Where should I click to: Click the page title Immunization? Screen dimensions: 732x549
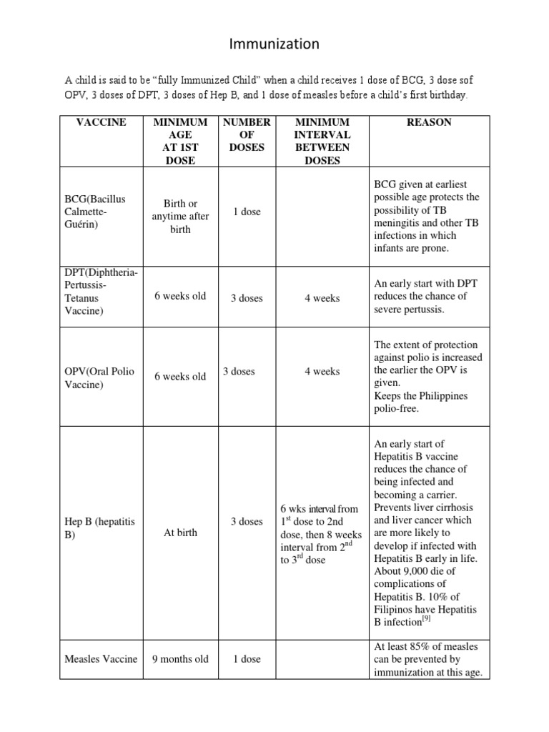[274, 44]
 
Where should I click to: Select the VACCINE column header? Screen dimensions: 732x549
[101, 122]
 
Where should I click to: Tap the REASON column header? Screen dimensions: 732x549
[429, 122]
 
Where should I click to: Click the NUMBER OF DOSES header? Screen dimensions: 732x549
[247, 134]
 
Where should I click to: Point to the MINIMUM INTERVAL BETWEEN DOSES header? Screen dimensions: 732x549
[322, 141]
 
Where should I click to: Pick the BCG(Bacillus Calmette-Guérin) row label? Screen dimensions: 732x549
[94, 211]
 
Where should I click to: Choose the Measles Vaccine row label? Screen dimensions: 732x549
[101, 658]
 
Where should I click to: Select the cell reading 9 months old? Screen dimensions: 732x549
[180, 658]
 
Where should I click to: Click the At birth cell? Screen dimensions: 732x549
[180, 533]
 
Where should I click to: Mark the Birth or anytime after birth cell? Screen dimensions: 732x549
[180, 217]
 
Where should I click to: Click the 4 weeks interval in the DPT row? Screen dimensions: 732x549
[322, 298]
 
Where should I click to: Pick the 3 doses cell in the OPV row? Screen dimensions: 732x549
[239, 371]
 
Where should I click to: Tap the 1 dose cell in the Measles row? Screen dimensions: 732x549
[247, 658]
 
